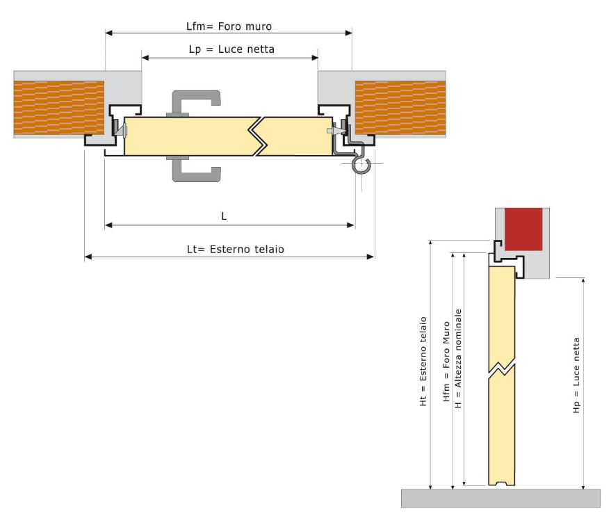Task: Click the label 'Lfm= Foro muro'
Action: coord(228,26)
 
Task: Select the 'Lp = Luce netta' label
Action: coord(231,49)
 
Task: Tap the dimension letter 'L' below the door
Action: coord(224,216)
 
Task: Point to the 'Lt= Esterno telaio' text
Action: coord(231,248)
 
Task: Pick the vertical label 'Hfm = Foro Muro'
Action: coord(446,370)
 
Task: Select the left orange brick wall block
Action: coord(59,107)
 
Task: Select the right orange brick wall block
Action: coord(400,107)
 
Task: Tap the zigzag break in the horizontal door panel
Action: coord(258,136)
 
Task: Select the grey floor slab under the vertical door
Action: coord(500,497)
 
